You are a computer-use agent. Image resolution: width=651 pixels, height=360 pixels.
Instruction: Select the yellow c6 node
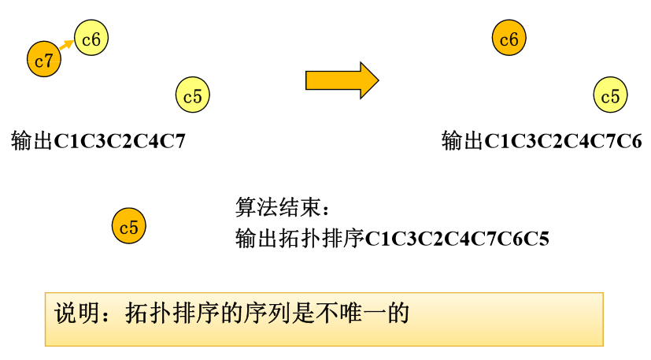(x=91, y=39)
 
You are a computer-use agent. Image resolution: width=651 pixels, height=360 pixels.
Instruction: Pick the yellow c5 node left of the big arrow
(x=193, y=96)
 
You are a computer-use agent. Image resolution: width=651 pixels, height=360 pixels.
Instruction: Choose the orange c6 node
(x=509, y=39)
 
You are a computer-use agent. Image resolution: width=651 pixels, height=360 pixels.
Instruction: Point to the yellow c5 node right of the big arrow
(x=610, y=96)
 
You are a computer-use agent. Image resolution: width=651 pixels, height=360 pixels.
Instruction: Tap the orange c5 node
(x=128, y=228)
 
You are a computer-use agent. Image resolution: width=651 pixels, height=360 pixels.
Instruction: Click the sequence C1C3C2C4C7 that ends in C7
(x=120, y=142)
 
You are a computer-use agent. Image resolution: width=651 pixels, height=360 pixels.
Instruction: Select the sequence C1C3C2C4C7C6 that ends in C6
(x=563, y=142)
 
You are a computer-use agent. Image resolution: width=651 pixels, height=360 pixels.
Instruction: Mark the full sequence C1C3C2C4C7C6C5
(x=457, y=238)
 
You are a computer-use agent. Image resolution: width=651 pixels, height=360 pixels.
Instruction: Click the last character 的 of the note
(x=400, y=314)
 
